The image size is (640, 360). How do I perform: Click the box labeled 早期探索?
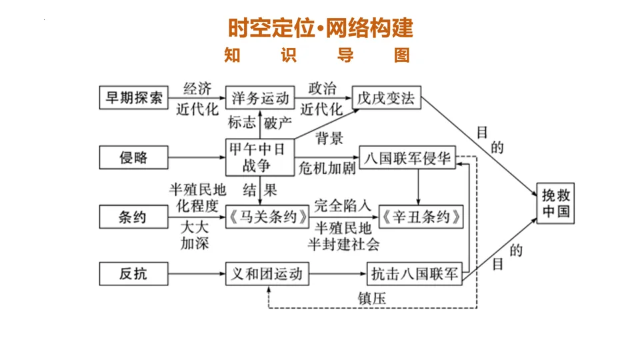tap(133, 98)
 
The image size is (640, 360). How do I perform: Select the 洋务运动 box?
tap(259, 98)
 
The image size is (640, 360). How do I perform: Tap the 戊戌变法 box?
tap(386, 98)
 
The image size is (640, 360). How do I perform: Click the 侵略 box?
tap(133, 157)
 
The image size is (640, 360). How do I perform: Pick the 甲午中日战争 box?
tap(259, 157)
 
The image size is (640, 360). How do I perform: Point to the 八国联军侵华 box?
tap(407, 159)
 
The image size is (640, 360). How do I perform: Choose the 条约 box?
tap(133, 217)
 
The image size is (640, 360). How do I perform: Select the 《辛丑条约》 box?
tap(421, 217)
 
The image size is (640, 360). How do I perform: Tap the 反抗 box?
tap(133, 273)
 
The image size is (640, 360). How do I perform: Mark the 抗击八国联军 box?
tap(415, 273)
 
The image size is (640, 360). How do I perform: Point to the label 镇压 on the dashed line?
tap(371, 298)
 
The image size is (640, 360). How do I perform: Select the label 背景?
tap(329, 139)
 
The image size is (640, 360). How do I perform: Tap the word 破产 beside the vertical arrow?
tap(278, 123)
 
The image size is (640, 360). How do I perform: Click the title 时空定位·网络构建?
tap(320, 27)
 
